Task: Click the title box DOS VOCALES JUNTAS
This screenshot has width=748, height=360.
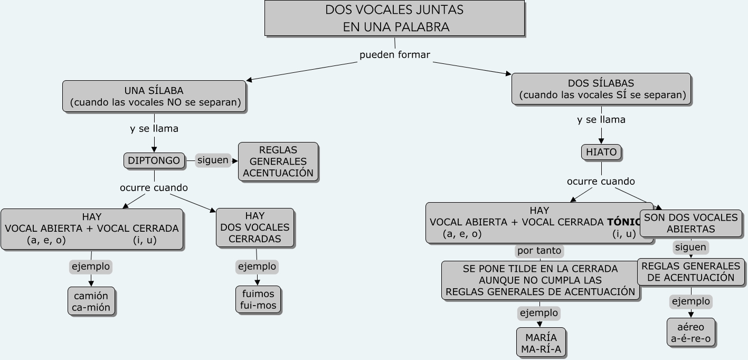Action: (394, 18)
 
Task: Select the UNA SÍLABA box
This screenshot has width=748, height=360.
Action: (154, 96)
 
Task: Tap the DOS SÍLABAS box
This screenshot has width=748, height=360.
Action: (601, 89)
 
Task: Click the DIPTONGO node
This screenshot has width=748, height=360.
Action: (154, 160)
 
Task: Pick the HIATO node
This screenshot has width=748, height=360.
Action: (601, 152)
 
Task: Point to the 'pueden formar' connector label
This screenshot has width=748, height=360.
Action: (395, 54)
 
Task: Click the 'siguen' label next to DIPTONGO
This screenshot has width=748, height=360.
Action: (213, 160)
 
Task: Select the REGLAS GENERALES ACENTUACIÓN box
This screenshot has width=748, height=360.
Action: (278, 162)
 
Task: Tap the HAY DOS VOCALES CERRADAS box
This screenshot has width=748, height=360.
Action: (255, 228)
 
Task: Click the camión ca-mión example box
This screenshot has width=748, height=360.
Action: (91, 301)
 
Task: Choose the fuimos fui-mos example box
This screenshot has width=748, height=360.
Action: (258, 300)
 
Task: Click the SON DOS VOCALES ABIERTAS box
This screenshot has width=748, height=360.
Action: (690, 223)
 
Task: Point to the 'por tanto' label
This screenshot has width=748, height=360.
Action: (539, 250)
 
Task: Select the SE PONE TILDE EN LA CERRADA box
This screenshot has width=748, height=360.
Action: (541, 280)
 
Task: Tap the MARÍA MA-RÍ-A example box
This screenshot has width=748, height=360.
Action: (541, 343)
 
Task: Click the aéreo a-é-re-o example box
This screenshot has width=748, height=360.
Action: (691, 333)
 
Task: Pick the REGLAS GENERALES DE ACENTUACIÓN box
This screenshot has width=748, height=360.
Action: (691, 271)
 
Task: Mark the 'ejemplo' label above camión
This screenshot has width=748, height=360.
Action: (91, 267)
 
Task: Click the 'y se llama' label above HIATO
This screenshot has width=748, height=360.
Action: (601, 119)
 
